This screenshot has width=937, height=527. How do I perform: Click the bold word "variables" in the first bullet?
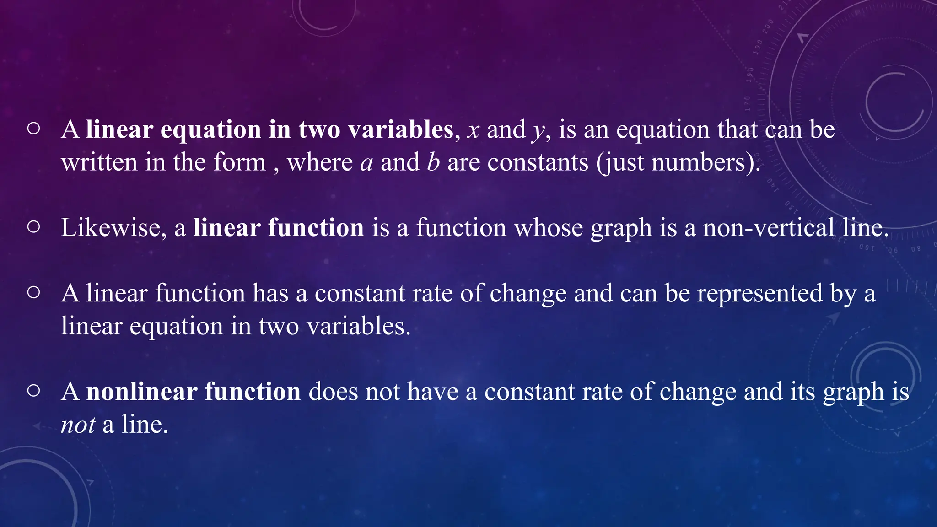[x=401, y=129]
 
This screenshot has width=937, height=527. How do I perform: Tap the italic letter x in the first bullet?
[x=473, y=130]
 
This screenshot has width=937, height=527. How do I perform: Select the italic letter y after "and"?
[x=538, y=132]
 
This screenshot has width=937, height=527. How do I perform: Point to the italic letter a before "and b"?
[x=366, y=163]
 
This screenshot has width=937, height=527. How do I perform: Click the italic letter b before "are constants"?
[x=433, y=162]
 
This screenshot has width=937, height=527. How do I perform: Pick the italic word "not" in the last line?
[x=78, y=425]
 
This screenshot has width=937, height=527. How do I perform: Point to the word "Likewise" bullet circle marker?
[x=33, y=227]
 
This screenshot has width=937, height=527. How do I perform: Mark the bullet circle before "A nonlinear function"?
[x=33, y=391]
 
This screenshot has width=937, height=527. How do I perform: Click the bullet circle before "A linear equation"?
[x=33, y=129]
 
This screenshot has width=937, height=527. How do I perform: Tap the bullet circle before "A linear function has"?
[x=33, y=292]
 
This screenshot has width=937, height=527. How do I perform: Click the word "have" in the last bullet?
[x=432, y=392]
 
